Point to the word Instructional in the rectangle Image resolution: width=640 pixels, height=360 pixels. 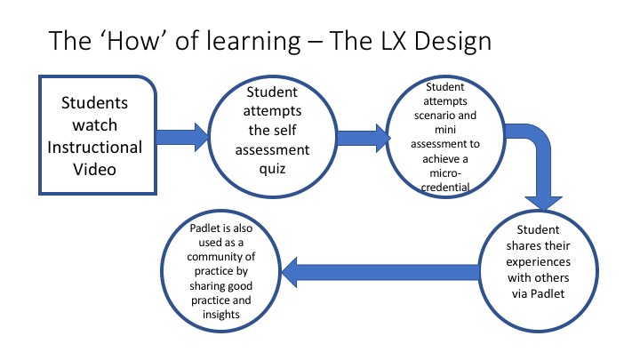point(94,147)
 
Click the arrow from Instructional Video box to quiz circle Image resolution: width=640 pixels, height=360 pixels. point(183,137)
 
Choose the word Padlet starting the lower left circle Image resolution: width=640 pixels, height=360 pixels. point(205,228)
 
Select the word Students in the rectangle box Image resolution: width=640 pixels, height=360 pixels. point(94,103)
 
